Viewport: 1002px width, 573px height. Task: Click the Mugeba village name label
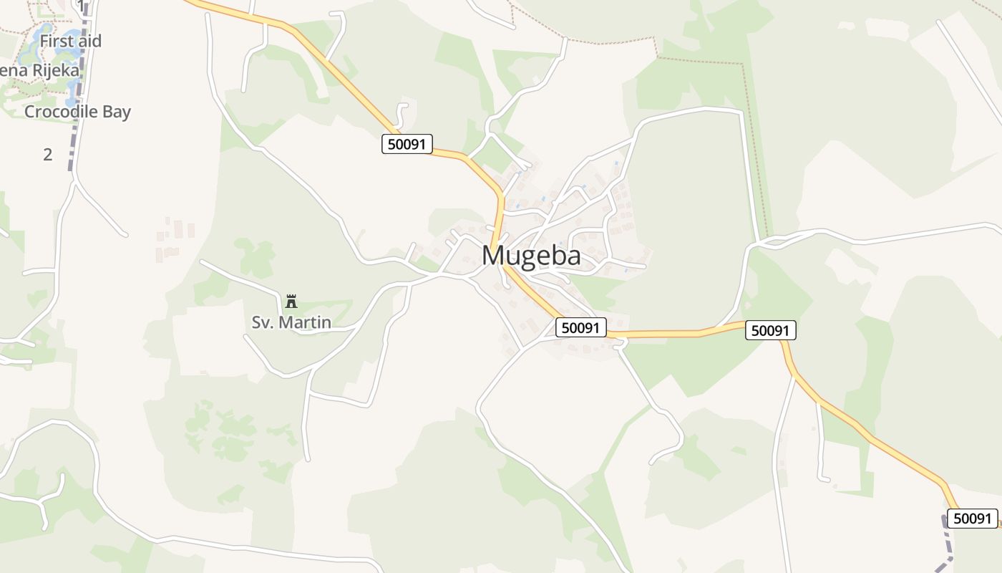click(531, 256)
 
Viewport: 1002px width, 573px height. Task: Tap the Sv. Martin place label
click(291, 322)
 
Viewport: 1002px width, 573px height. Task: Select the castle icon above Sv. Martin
click(291, 302)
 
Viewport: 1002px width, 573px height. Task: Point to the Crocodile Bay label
click(77, 112)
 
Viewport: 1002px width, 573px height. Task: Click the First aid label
click(70, 41)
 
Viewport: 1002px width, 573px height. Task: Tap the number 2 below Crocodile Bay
click(48, 154)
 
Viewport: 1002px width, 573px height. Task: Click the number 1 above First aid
click(81, 6)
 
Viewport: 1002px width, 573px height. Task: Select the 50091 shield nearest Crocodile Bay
click(407, 144)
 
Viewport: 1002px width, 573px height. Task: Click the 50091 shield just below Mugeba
click(581, 327)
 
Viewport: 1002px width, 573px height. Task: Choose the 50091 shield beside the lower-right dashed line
click(973, 519)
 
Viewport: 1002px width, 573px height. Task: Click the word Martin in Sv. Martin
click(305, 322)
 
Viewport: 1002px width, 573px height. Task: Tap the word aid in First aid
click(91, 41)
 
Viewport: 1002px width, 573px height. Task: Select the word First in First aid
click(56, 41)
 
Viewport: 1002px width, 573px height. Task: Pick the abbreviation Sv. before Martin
click(263, 322)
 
